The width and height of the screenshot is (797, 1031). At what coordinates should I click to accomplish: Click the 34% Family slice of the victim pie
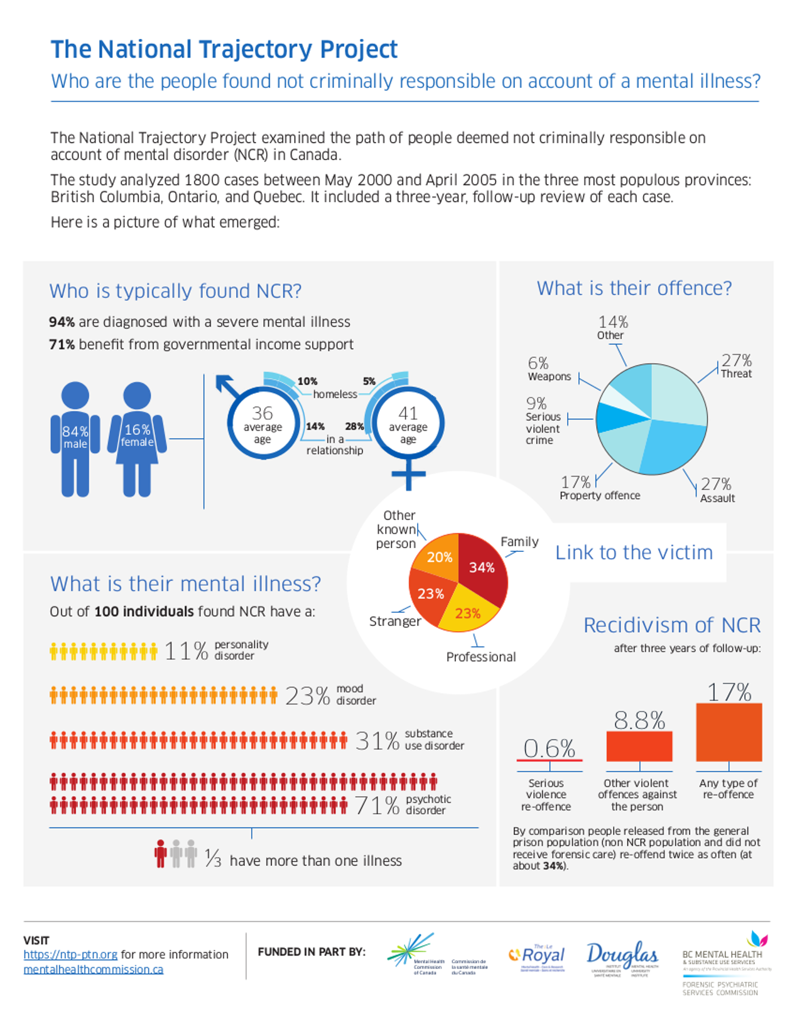pos(482,567)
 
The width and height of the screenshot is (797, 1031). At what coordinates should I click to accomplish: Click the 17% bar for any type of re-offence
pos(729,732)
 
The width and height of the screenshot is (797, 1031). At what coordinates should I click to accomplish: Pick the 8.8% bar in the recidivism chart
pos(639,746)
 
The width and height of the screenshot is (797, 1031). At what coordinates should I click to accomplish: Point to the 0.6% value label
pos(549,748)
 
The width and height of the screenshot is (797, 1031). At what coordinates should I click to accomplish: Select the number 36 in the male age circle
pos(262,413)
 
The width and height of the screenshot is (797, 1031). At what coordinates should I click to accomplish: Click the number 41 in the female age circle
pos(408,413)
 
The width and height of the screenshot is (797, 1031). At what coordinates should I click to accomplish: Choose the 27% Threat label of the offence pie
pos(736,366)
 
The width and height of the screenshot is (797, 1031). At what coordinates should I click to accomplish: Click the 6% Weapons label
pos(548,369)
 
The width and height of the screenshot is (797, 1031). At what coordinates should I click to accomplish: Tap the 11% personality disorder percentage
pos(186,650)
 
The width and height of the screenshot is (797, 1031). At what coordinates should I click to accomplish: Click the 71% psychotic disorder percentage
pos(377,805)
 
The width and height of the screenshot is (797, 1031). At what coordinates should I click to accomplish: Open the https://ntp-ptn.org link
pos(70,954)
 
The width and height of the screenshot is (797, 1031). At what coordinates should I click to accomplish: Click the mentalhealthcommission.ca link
pos(93,969)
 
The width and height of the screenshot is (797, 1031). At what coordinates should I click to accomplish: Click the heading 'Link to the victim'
pos(634,553)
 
